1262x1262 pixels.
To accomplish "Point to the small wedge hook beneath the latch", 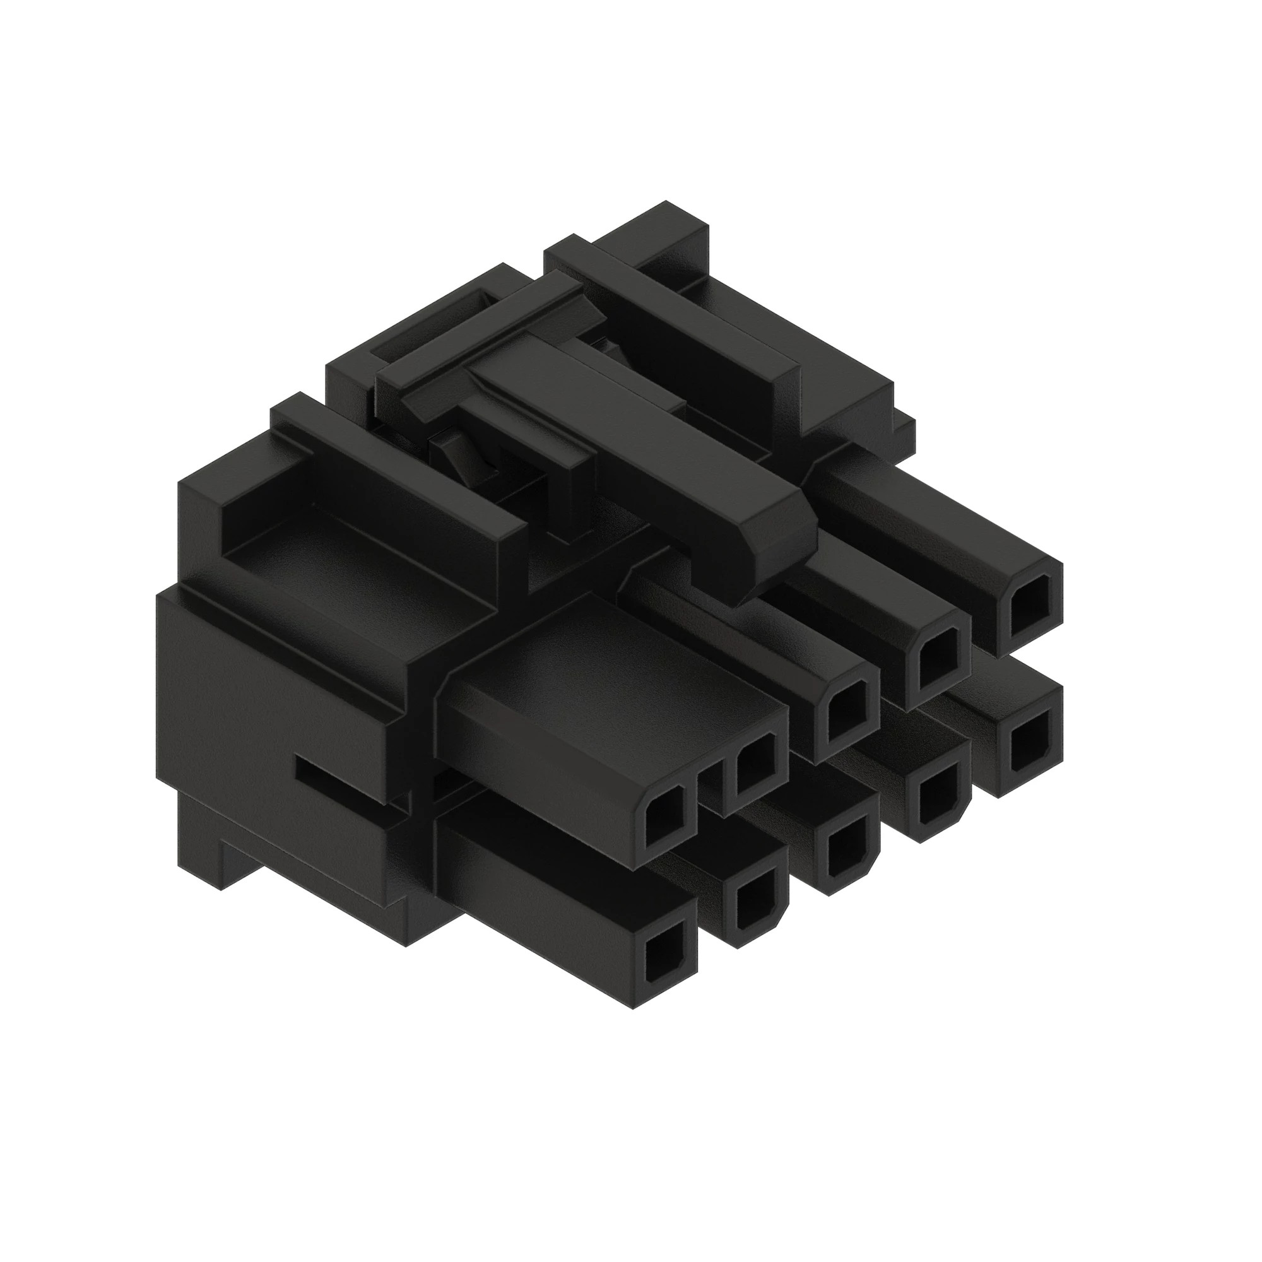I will tap(451, 457).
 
